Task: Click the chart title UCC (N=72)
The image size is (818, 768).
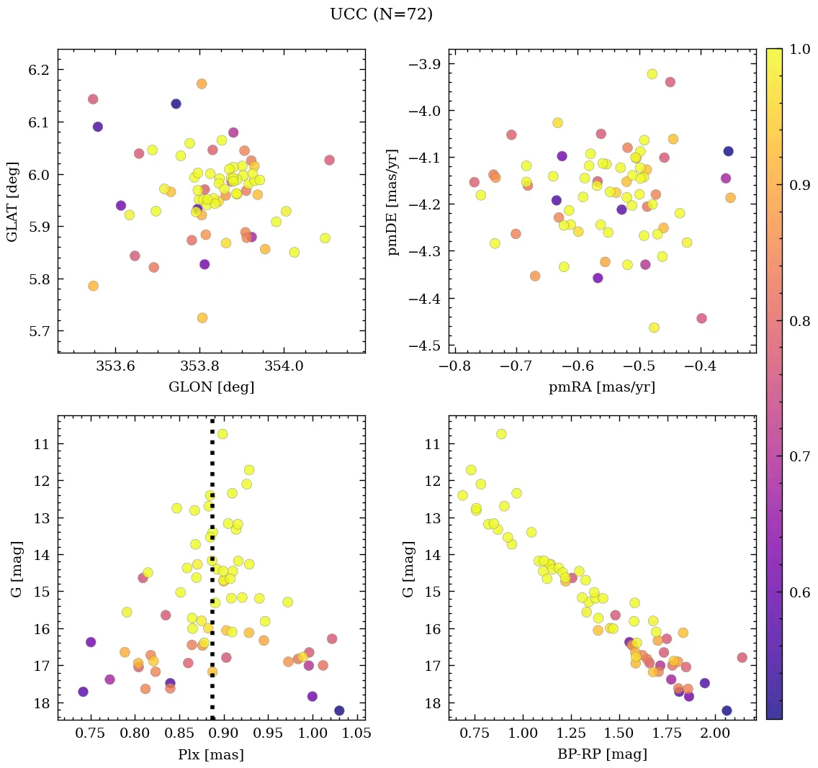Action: (381, 14)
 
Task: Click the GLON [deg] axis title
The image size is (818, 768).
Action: (211, 387)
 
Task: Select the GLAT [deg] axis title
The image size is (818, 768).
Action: (12, 201)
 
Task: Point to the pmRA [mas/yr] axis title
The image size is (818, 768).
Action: (602, 387)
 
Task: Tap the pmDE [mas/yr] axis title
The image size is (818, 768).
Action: (392, 201)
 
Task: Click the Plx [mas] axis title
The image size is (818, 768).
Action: (211, 754)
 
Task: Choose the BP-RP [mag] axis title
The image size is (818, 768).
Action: (602, 754)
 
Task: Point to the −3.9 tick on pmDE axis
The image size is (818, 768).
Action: (423, 64)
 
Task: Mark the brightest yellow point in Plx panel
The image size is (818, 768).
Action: (223, 434)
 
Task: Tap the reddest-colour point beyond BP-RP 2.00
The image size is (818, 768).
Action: (742, 657)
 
